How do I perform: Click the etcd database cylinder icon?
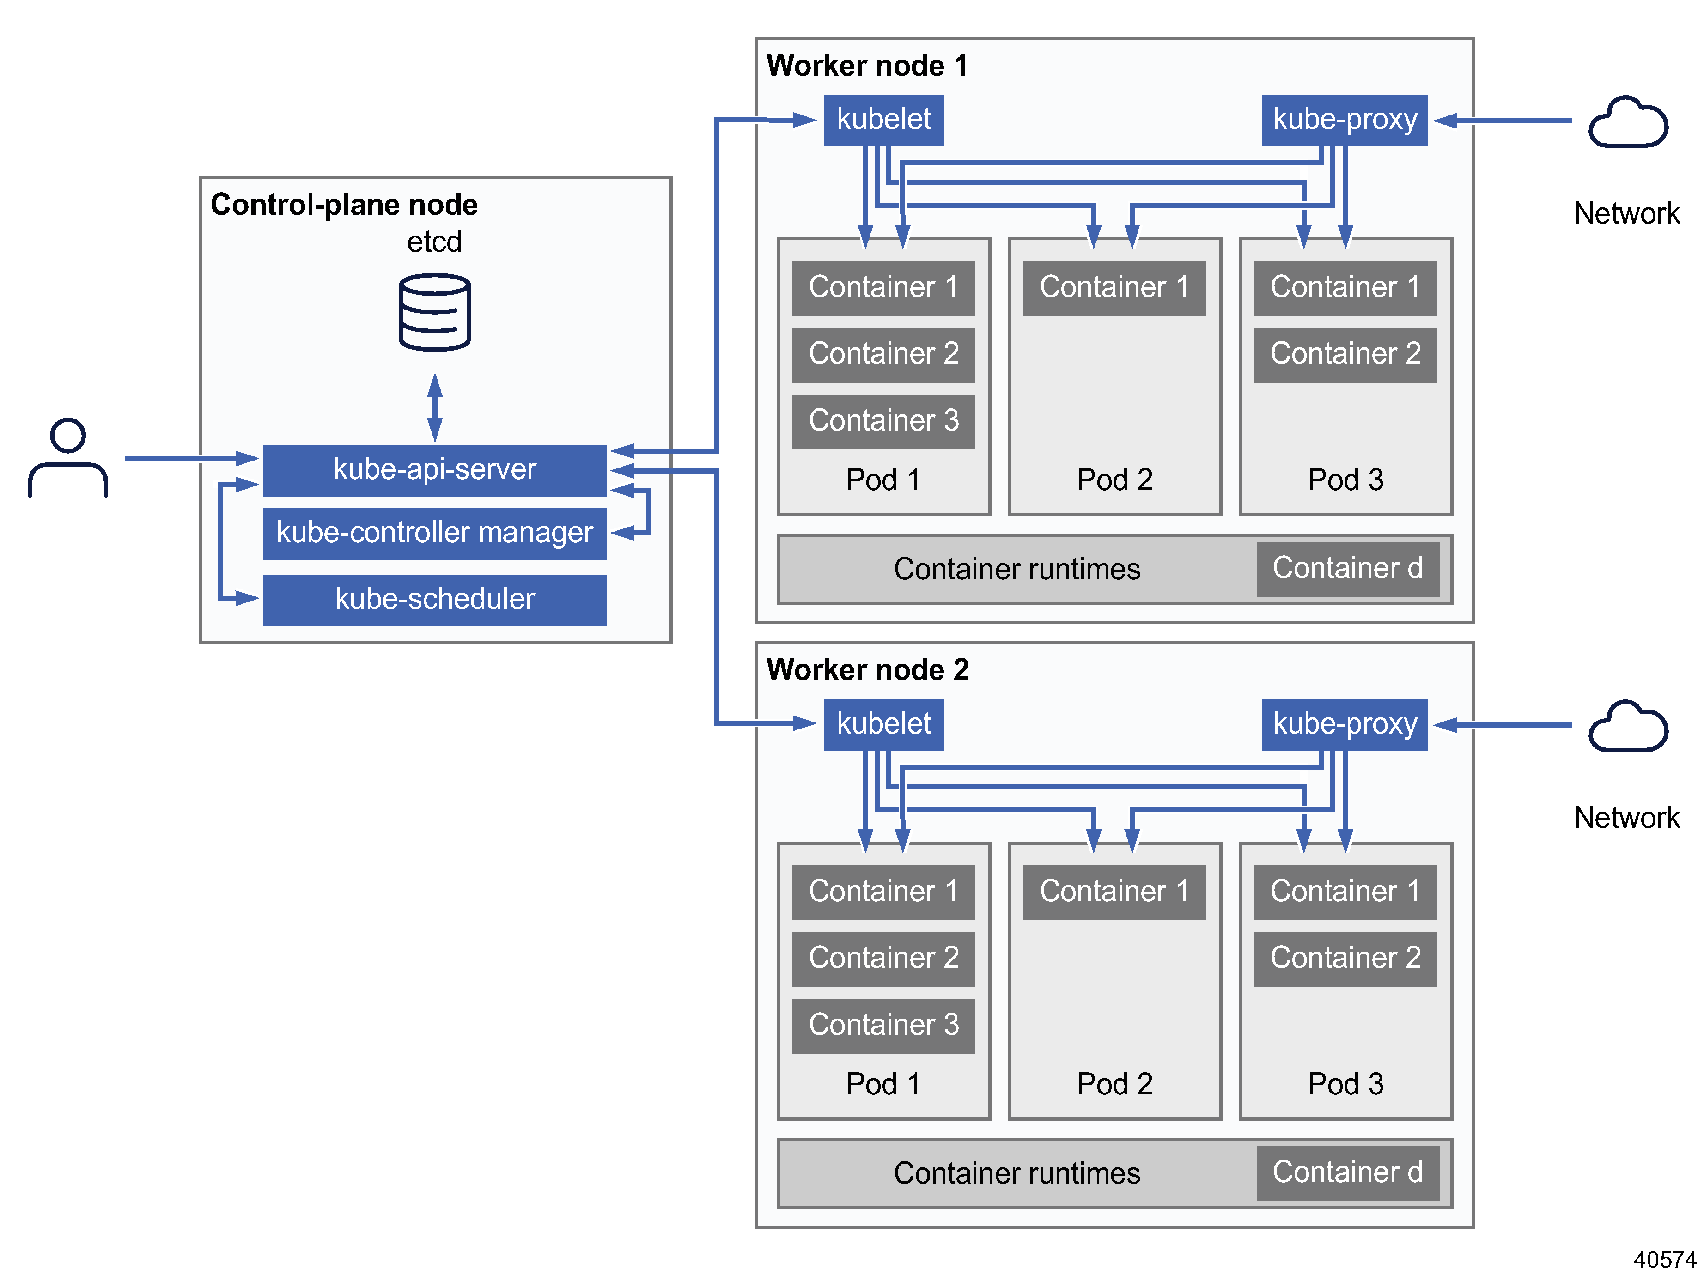(x=434, y=312)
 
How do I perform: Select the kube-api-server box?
(x=434, y=469)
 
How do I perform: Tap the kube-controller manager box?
(x=434, y=533)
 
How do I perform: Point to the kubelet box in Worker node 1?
(x=883, y=120)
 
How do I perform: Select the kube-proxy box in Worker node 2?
(x=1344, y=724)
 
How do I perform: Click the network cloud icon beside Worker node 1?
(x=1627, y=123)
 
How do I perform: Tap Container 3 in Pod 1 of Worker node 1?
(x=883, y=421)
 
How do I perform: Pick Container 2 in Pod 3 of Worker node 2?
(x=1345, y=958)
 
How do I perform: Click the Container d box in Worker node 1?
(x=1347, y=569)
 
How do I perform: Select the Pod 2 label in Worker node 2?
(x=1114, y=1084)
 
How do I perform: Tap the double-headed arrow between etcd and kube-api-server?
(x=434, y=407)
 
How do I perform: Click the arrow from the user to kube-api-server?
(x=192, y=458)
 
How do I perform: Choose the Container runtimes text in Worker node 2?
(x=1016, y=1173)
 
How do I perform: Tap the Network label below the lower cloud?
(x=1626, y=818)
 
